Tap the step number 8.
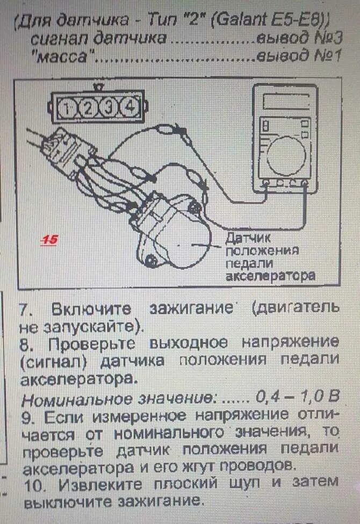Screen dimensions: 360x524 [25, 342]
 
